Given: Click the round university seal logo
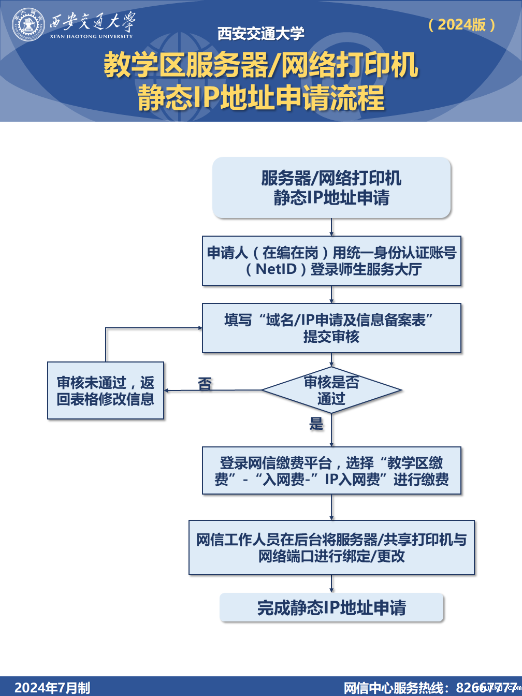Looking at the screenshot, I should pyautogui.click(x=29, y=24).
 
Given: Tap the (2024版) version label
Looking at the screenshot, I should pyautogui.click(x=462, y=24).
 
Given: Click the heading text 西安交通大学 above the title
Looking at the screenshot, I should pyautogui.click(x=261, y=34).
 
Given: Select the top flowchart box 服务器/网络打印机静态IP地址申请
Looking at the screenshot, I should pyautogui.click(x=331, y=187).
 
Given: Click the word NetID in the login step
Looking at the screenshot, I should pyautogui.click(x=276, y=269).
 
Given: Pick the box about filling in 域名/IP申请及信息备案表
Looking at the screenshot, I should pyautogui.click(x=331, y=328).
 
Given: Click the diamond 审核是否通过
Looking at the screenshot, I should pyautogui.click(x=331, y=390).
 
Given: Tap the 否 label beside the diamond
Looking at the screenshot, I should pyautogui.click(x=205, y=384).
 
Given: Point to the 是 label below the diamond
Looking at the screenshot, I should pyautogui.click(x=316, y=424).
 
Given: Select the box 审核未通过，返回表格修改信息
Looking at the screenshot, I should pyautogui.click(x=106, y=390).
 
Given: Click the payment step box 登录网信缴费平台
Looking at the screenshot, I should pyautogui.click(x=331, y=471).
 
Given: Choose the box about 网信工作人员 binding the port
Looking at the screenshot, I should pyautogui.click(x=331, y=548).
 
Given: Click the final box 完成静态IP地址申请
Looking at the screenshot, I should pyautogui.click(x=331, y=607).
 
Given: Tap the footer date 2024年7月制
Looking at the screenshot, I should pyautogui.click(x=52, y=687).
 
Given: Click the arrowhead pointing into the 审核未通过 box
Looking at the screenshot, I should pyautogui.click(x=168, y=390).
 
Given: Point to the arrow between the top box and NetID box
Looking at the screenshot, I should pyautogui.click(x=331, y=227).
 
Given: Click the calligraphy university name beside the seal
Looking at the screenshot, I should pyautogui.click(x=92, y=22).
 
